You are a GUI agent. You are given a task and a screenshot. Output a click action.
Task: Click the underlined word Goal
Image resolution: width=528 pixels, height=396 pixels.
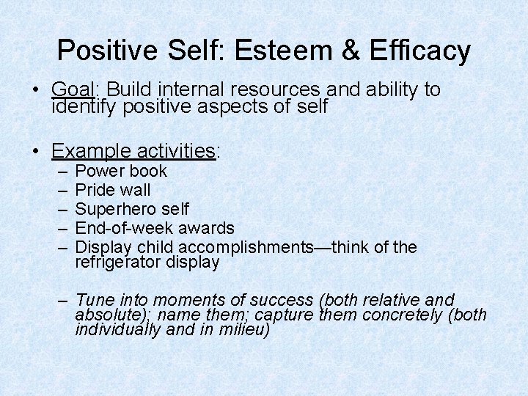click(73, 90)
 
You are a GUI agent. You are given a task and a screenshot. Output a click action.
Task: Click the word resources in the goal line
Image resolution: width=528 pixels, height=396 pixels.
click(275, 90)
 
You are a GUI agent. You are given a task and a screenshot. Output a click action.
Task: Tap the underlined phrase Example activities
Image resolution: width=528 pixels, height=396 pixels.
click(133, 151)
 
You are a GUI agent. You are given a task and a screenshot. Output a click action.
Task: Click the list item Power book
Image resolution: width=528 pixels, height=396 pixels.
click(121, 172)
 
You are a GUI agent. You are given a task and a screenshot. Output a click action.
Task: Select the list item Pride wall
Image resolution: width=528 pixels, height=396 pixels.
click(113, 191)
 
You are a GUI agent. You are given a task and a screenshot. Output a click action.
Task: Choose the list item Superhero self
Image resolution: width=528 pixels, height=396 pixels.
click(132, 210)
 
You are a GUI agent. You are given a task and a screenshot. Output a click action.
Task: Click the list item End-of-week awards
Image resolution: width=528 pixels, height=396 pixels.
click(155, 229)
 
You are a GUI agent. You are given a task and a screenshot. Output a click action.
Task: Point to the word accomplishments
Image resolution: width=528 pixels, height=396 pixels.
click(246, 248)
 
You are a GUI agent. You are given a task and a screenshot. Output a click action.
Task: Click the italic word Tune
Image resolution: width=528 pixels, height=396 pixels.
click(93, 300)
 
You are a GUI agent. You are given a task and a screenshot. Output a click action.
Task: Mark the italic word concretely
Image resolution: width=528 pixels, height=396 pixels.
click(403, 315)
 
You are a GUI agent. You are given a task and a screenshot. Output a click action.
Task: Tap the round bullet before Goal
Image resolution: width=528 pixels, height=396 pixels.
click(35, 91)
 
